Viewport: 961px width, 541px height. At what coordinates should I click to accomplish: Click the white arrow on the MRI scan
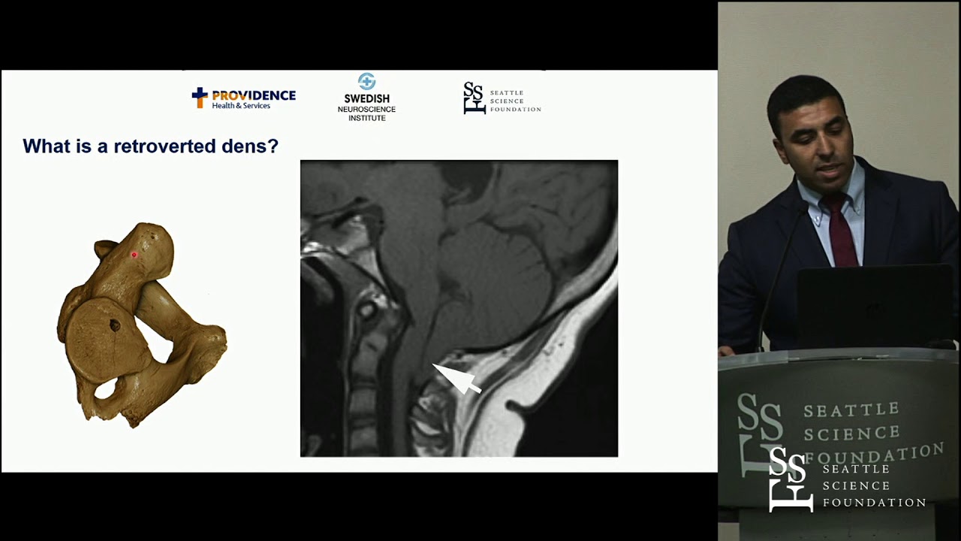click(457, 378)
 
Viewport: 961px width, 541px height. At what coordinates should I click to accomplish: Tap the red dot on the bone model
click(134, 255)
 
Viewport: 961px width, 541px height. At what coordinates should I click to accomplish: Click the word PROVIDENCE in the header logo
click(254, 95)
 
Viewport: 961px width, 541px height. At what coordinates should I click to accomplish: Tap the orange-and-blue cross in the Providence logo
click(199, 97)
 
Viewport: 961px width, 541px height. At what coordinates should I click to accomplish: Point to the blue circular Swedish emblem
click(366, 81)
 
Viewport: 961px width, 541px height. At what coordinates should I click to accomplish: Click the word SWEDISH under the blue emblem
click(366, 98)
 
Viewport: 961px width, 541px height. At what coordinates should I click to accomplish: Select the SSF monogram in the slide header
click(474, 98)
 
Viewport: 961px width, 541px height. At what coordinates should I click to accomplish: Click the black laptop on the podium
click(874, 304)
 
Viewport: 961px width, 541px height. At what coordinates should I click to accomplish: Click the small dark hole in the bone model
click(115, 325)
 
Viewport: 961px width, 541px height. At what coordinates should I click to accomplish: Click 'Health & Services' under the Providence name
click(241, 106)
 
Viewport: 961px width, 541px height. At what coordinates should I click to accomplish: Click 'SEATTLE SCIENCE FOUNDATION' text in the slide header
click(515, 101)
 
